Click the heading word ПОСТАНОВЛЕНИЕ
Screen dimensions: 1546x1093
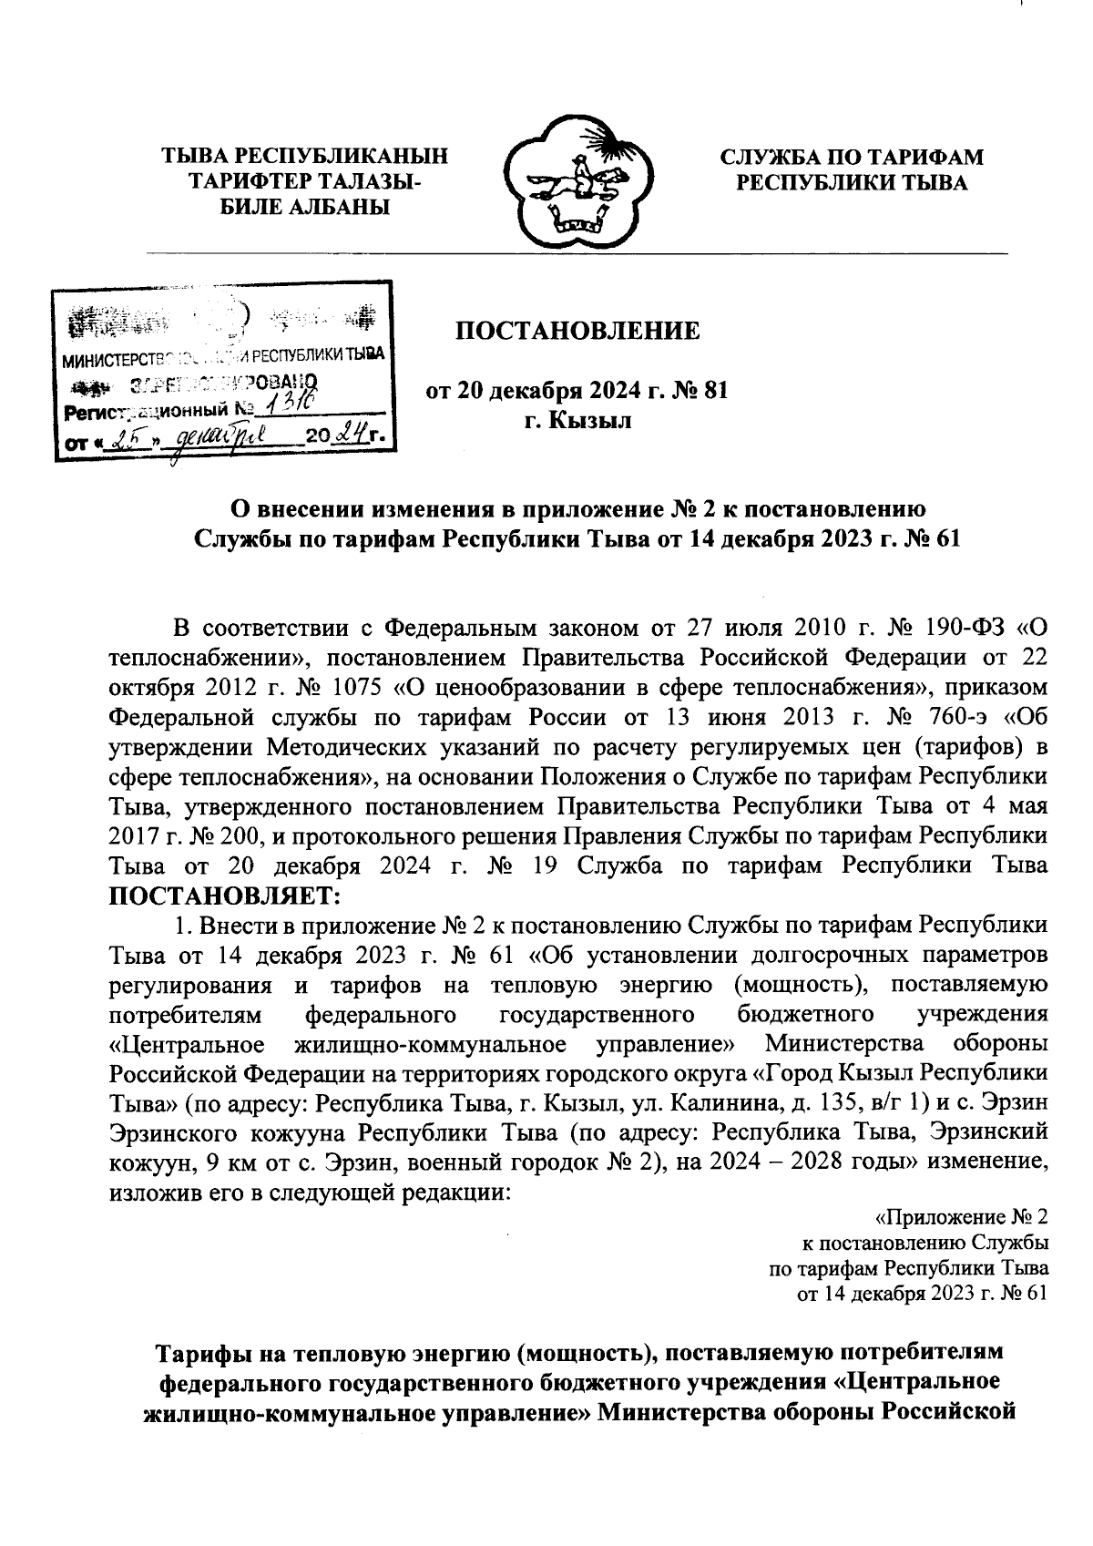[x=578, y=331]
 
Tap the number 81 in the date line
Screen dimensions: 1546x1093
[x=713, y=392]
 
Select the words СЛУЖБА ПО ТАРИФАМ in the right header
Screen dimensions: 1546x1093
[x=852, y=157]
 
